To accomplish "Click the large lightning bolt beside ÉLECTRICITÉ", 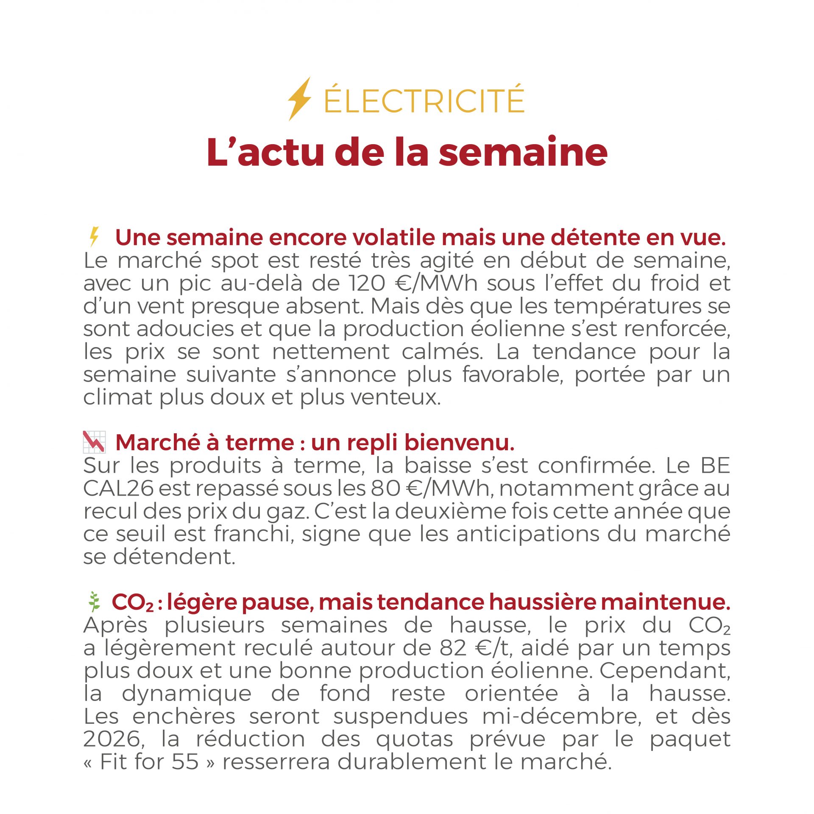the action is click(x=299, y=99).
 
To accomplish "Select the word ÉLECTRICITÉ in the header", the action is click(x=424, y=100).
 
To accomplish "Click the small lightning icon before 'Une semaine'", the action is click(x=94, y=237).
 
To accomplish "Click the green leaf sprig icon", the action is click(x=94, y=602).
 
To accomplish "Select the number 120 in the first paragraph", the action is click(x=367, y=283).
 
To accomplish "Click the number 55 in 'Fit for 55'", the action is click(x=185, y=762).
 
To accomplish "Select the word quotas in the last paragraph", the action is click(x=415, y=739).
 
